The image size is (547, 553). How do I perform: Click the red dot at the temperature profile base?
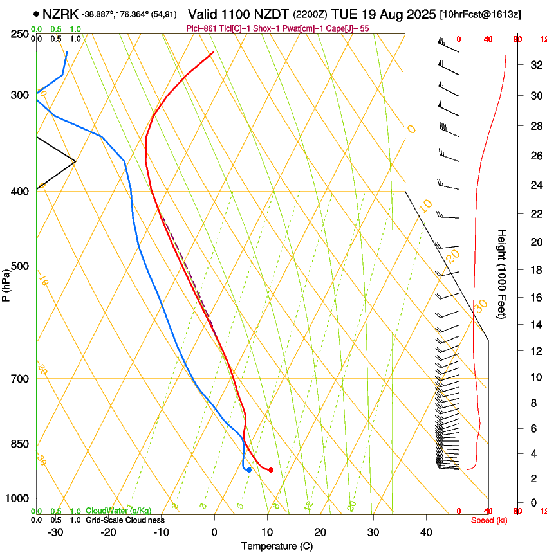pos(271,470)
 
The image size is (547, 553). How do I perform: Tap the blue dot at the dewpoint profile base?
pos(249,470)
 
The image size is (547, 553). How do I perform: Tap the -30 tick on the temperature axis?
pos(55,532)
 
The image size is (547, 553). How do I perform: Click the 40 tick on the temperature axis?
pos(426,532)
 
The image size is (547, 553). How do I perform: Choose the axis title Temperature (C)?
pos(277,547)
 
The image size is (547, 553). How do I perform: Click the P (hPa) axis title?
pos(6,283)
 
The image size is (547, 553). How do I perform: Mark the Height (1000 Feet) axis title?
pos(503,273)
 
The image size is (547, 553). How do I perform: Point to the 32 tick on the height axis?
pos(535,65)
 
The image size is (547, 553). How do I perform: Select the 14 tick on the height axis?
pos(535,325)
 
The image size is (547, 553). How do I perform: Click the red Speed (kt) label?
pos(488,520)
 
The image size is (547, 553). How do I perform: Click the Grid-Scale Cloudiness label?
pos(125,520)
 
